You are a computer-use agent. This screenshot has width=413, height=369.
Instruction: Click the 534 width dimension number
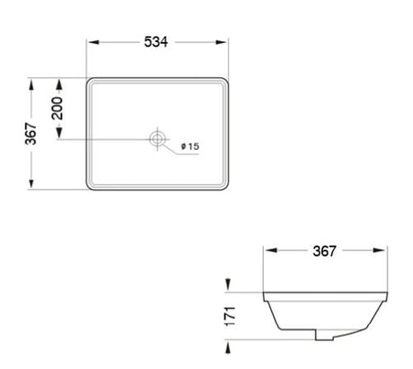pos(157,42)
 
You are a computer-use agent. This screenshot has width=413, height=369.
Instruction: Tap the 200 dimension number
pos(57,109)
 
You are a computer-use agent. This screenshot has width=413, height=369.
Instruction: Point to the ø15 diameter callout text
pos(189,145)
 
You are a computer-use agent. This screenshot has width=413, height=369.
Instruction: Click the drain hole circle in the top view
pos(157,139)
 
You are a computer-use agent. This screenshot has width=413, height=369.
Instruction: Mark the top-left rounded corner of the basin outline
pos(91,81)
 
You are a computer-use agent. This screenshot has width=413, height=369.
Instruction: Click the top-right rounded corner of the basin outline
pos(224,81)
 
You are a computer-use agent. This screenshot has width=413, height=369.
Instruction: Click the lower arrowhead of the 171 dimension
pos(229,336)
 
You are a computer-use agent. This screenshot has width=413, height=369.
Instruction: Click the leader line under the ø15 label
pos(184,155)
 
